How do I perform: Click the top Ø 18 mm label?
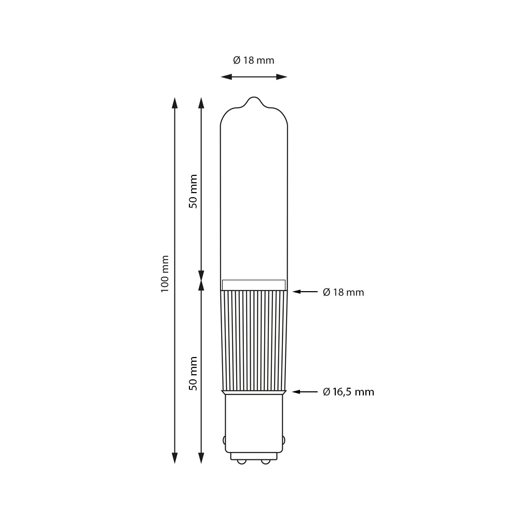(x=254, y=60)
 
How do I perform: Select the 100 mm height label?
(x=165, y=274)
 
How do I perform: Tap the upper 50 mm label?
(x=193, y=192)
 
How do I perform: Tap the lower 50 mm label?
(x=193, y=373)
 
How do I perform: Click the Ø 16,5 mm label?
(x=348, y=392)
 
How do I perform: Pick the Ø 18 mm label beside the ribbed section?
(x=343, y=292)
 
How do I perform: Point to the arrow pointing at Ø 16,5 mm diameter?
(x=305, y=392)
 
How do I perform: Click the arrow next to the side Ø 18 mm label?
(x=305, y=292)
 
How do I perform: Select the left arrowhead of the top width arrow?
(x=226, y=77)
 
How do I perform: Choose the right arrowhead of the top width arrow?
(x=282, y=77)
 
